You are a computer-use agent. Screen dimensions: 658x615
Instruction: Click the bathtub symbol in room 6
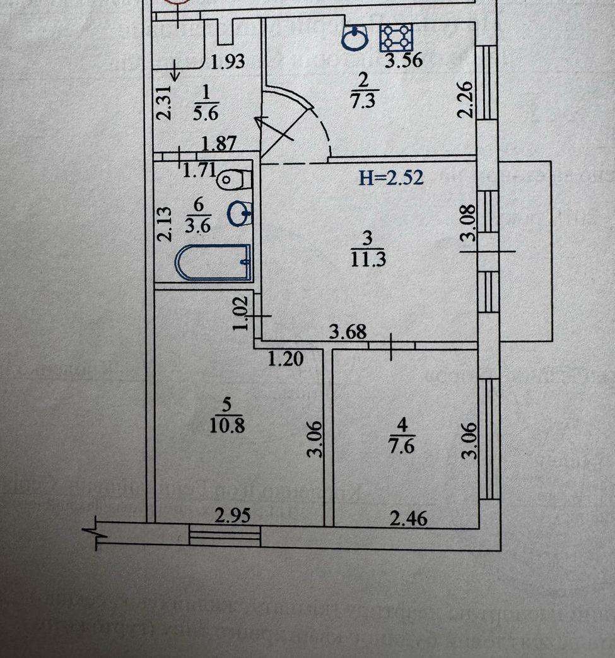tap(214, 262)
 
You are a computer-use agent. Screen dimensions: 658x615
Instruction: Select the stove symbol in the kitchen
tap(395, 37)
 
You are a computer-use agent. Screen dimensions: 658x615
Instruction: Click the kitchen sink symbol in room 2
tap(355, 38)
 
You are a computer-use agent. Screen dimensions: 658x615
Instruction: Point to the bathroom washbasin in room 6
tap(241, 213)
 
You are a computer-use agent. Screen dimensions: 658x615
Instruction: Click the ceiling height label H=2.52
tap(391, 177)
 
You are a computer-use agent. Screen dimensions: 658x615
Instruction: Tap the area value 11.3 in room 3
tap(368, 258)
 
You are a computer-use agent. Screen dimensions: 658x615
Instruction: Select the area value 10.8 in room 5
tap(227, 425)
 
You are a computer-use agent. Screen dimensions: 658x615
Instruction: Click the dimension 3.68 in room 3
tap(349, 331)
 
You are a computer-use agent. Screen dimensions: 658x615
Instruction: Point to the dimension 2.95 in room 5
tap(232, 515)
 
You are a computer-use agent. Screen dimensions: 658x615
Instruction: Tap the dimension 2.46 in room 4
tap(408, 519)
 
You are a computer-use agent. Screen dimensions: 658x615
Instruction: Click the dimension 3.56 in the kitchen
tap(404, 61)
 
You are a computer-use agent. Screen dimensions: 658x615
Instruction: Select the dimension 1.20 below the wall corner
tap(286, 359)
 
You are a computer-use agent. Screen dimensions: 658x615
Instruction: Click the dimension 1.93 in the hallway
tap(228, 62)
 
